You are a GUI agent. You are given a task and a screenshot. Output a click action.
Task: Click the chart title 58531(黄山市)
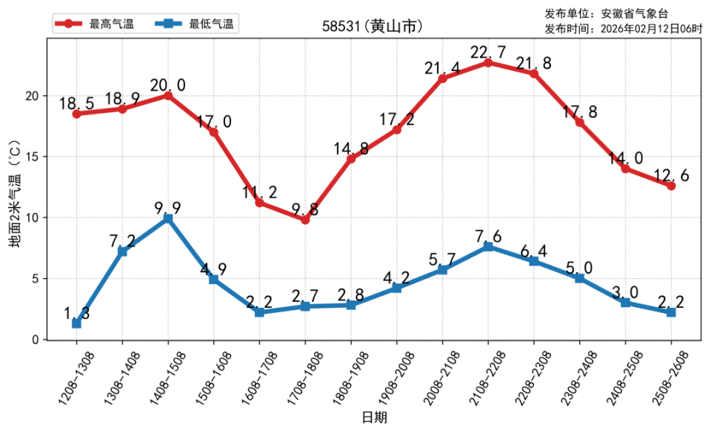click(x=373, y=26)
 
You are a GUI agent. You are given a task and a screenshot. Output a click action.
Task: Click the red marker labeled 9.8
click(x=305, y=220)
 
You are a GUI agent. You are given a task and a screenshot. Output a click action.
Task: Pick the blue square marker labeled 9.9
click(x=168, y=219)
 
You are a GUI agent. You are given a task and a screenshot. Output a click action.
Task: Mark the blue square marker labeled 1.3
click(x=76, y=323)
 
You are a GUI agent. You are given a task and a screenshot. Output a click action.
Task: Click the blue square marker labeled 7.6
click(x=488, y=246)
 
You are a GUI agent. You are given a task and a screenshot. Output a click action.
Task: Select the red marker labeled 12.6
click(x=671, y=186)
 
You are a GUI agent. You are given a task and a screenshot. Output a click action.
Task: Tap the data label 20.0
click(x=167, y=85)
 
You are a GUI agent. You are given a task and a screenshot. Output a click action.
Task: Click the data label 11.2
click(x=259, y=192)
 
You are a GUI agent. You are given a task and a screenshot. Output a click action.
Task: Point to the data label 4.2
click(x=396, y=278)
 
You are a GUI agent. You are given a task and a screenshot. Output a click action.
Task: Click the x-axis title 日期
click(x=373, y=417)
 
